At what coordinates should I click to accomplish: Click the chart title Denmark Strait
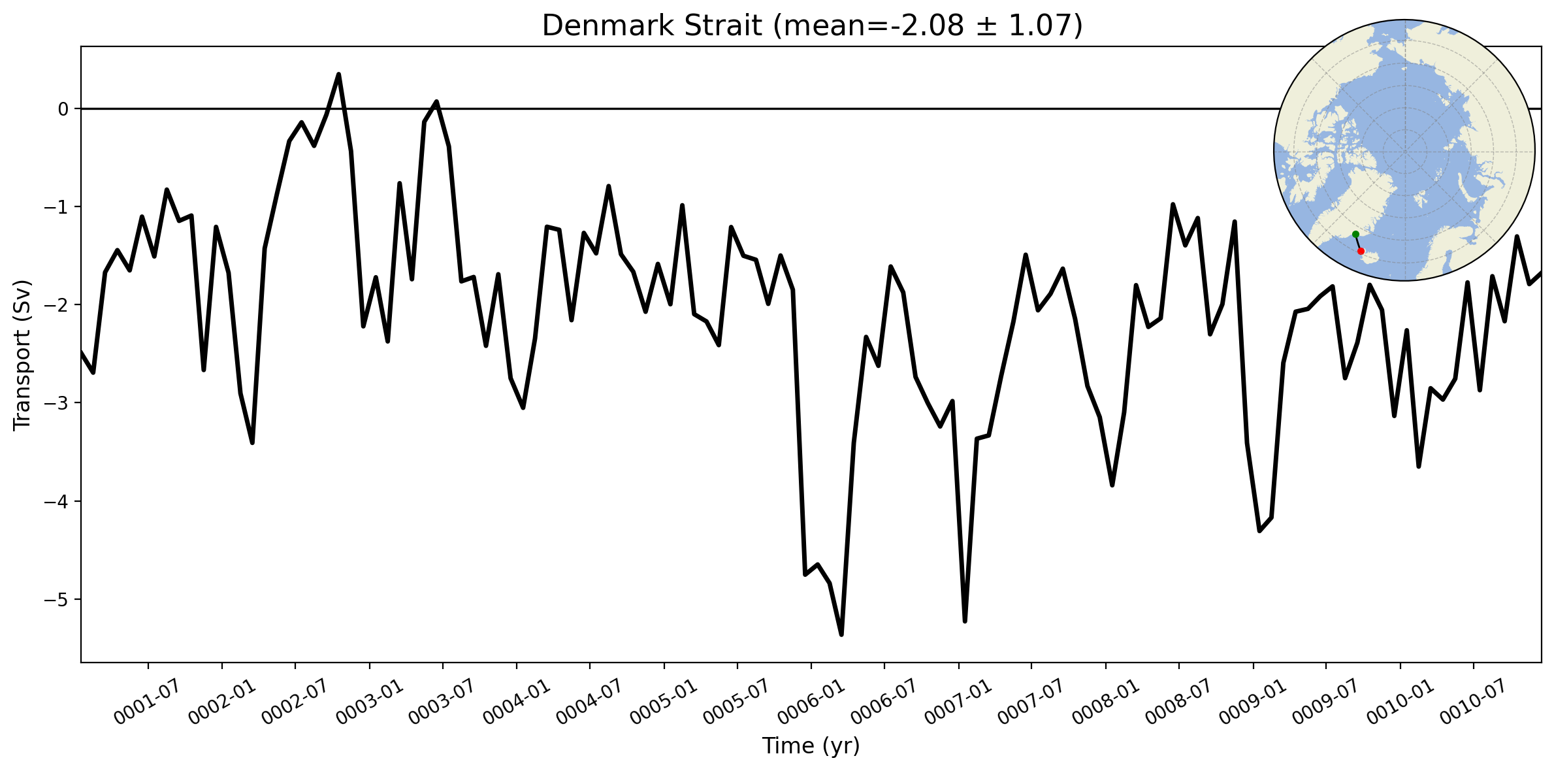tap(653, 26)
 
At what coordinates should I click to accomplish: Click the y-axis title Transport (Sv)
tap(22, 355)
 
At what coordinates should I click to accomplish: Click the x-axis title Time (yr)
tap(811, 746)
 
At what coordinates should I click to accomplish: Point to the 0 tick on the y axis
tap(63, 109)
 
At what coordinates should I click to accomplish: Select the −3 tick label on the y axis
tap(57, 403)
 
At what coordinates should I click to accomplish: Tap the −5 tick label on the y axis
tap(57, 600)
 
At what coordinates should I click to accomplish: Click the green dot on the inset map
tap(1355, 234)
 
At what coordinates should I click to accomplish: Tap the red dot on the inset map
tap(1361, 251)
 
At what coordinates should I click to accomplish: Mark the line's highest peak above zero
tap(338, 74)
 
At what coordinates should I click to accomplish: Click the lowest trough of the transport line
tap(841, 634)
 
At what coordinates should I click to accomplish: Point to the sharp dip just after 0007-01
tap(965, 621)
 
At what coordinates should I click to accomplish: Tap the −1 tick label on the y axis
tap(57, 207)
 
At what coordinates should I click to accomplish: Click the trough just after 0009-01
tap(1259, 531)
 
